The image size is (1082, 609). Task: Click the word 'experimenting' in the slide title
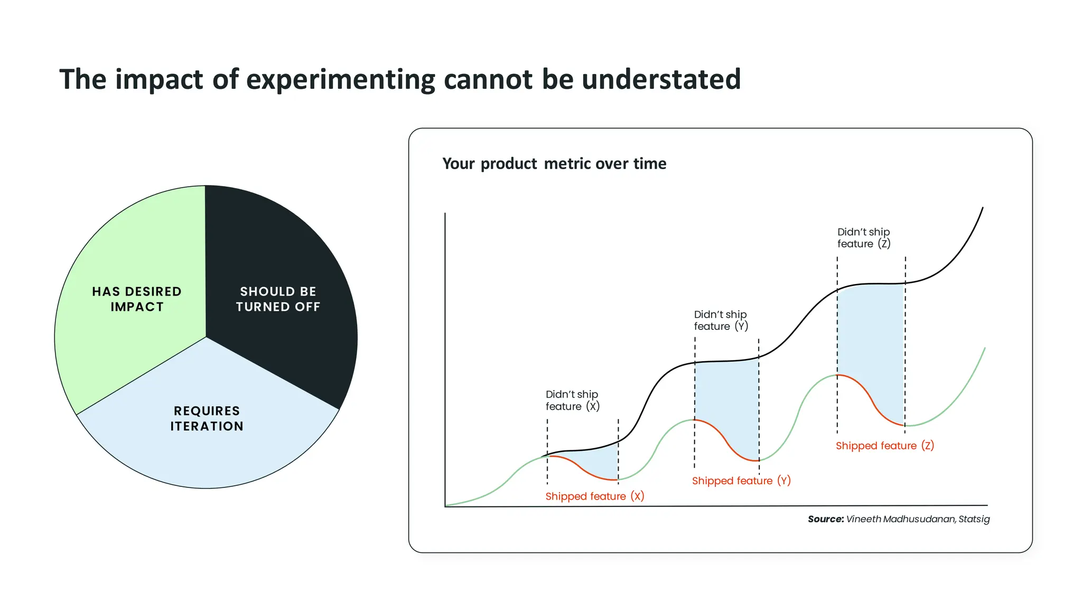click(341, 80)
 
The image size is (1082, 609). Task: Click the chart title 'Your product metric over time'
click(554, 164)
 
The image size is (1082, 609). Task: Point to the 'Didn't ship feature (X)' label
click(572, 401)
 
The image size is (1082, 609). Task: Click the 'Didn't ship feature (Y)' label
click(721, 320)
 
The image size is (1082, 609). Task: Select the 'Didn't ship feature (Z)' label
click(864, 238)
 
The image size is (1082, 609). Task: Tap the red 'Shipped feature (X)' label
click(594, 496)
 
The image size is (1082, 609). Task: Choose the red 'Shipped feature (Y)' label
click(741, 481)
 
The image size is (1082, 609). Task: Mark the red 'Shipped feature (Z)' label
click(884, 446)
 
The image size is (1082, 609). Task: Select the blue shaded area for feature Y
click(727, 402)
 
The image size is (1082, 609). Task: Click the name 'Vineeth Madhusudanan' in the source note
click(900, 519)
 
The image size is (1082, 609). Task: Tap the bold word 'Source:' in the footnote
click(825, 519)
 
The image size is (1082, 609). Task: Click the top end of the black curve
click(983, 208)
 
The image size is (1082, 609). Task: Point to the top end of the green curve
click(985, 348)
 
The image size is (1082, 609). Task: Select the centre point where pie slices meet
click(206, 337)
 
